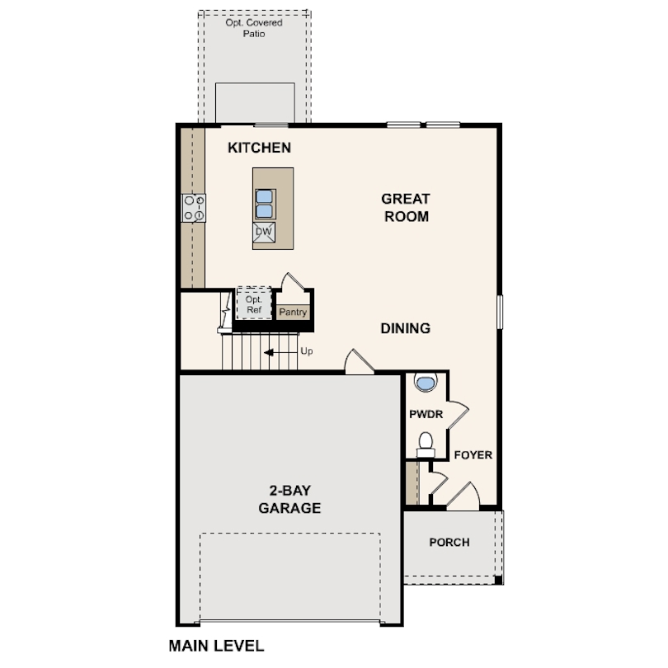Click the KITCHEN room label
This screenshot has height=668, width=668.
[259, 148]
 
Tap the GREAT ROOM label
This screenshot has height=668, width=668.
[405, 208]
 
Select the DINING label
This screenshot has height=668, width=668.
[405, 328]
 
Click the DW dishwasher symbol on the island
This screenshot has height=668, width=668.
[264, 233]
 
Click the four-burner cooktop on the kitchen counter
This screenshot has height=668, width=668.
[194, 207]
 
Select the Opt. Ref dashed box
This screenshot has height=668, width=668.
[253, 303]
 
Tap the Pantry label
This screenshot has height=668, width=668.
[293, 313]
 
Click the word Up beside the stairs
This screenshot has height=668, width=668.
[307, 351]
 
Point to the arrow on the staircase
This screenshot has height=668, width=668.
[279, 352]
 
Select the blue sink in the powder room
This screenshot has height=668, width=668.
[425, 383]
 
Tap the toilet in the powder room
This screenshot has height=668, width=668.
[426, 444]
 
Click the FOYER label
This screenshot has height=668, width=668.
[473, 454]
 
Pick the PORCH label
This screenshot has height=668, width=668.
[449, 543]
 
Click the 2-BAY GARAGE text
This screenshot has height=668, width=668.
[289, 500]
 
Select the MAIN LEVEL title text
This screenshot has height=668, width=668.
[216, 645]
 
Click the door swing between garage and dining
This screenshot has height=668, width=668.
[358, 362]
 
